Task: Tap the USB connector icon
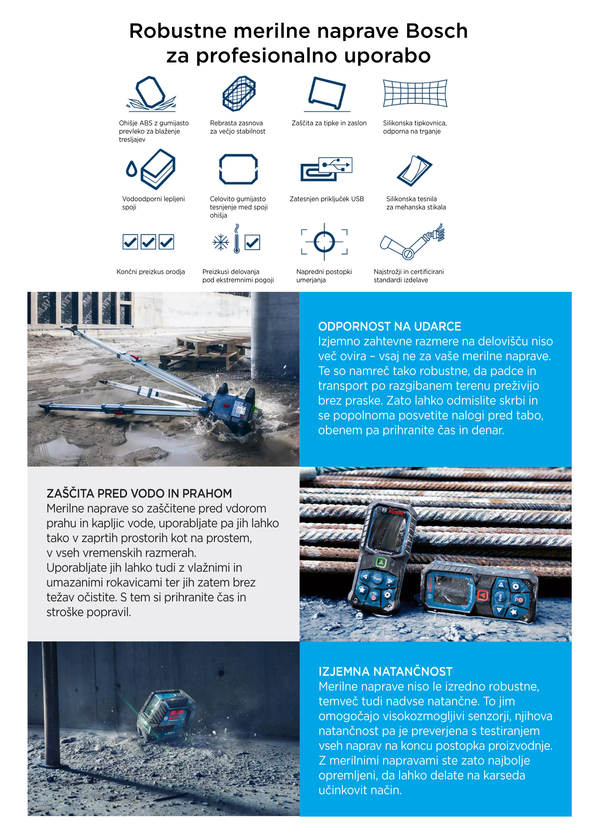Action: pos(326,169)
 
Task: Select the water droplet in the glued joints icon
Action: pos(131,170)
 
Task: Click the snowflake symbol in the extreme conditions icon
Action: pos(221,243)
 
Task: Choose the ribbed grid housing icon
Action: pos(239,93)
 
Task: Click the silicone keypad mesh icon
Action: pos(415,93)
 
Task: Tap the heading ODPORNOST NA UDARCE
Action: pos(389,327)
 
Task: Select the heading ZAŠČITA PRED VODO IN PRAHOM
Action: pos(139,493)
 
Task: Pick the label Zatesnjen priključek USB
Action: pos(326,199)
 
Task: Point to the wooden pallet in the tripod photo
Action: pos(206,350)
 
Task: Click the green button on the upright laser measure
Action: pos(381,562)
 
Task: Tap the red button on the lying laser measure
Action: pos(482,595)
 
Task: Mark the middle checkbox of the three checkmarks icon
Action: pos(148,242)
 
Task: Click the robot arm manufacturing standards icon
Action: pos(412,242)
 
